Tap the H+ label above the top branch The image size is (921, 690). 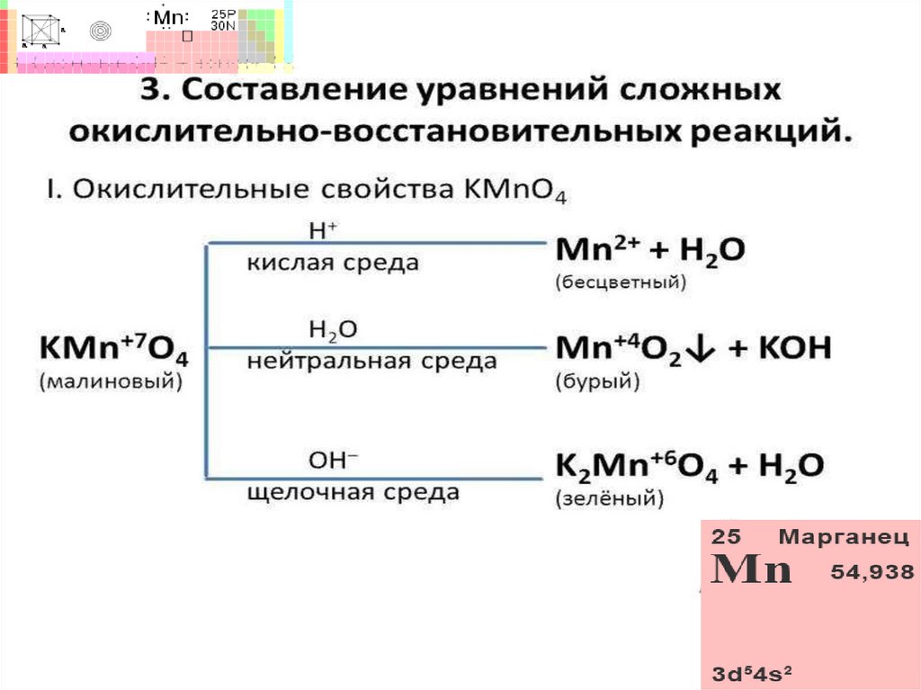coord(322,231)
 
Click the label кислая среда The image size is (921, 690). coord(334,264)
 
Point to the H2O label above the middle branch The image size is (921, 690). coord(333,331)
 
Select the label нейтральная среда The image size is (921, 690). coord(371,362)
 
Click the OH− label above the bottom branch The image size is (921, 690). coord(333,460)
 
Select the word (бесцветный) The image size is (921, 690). coord(621,282)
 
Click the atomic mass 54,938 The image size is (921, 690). coord(865,571)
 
